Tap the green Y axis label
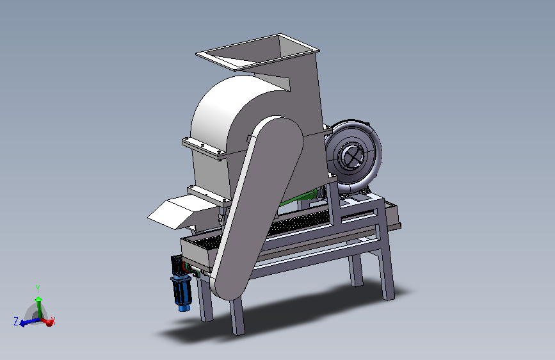(38, 288)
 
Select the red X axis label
(52, 322)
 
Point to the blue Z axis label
(16, 322)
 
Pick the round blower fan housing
(353, 156)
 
